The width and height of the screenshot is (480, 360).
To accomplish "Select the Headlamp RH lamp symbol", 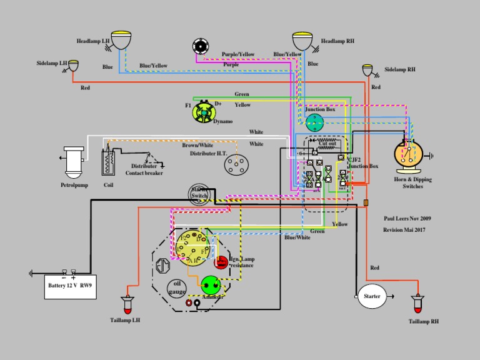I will (x=303, y=41).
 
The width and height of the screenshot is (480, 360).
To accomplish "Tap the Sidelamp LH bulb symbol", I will (x=74, y=65).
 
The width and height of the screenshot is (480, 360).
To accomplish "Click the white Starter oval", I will (x=372, y=296).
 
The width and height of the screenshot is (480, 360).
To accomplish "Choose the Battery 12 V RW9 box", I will (x=71, y=286).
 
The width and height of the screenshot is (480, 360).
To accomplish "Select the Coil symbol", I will (x=109, y=162).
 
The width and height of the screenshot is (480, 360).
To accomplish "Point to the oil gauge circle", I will (x=177, y=288).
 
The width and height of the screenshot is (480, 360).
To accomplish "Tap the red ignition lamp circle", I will (x=221, y=263).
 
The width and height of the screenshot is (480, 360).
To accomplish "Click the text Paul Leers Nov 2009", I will (x=407, y=219).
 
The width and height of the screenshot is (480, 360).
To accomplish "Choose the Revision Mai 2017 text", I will (x=407, y=230).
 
